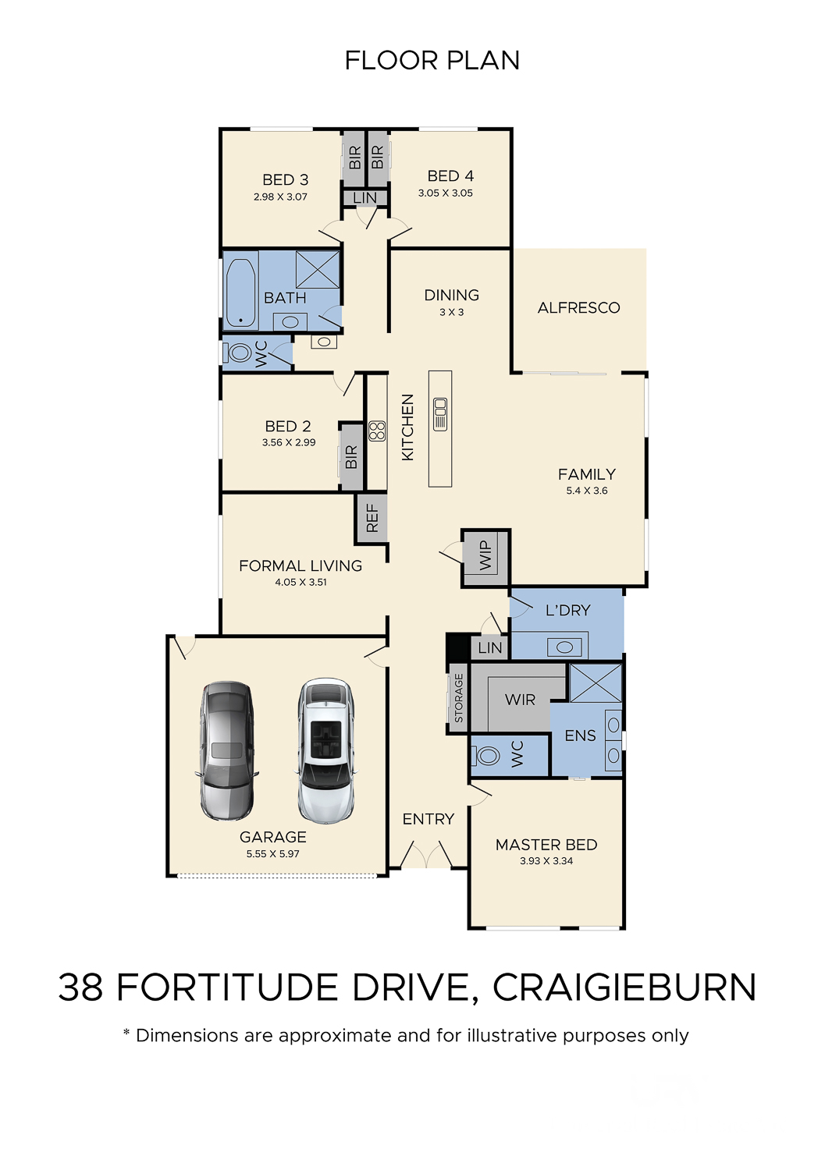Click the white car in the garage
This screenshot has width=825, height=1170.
(325, 751)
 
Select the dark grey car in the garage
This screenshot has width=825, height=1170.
(227, 750)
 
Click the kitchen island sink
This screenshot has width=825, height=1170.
(440, 414)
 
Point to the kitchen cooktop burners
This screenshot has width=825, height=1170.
(377, 431)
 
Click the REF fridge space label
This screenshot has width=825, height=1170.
(372, 518)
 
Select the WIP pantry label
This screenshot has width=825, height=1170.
(485, 555)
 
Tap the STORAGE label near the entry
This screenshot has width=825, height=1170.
(458, 698)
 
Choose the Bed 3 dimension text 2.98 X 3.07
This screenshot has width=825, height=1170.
(280, 197)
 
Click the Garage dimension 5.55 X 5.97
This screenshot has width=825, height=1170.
(273, 853)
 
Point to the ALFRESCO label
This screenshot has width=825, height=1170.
(579, 307)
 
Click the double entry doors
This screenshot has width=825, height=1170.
(427, 854)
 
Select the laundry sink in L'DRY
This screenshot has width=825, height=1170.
(564, 647)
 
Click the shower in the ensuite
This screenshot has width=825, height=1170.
(596, 683)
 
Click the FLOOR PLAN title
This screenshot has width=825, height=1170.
(432, 61)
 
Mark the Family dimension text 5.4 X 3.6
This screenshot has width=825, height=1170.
(587, 491)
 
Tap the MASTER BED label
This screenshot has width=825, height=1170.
(546, 845)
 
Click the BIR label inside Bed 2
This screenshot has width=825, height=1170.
(351, 457)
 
